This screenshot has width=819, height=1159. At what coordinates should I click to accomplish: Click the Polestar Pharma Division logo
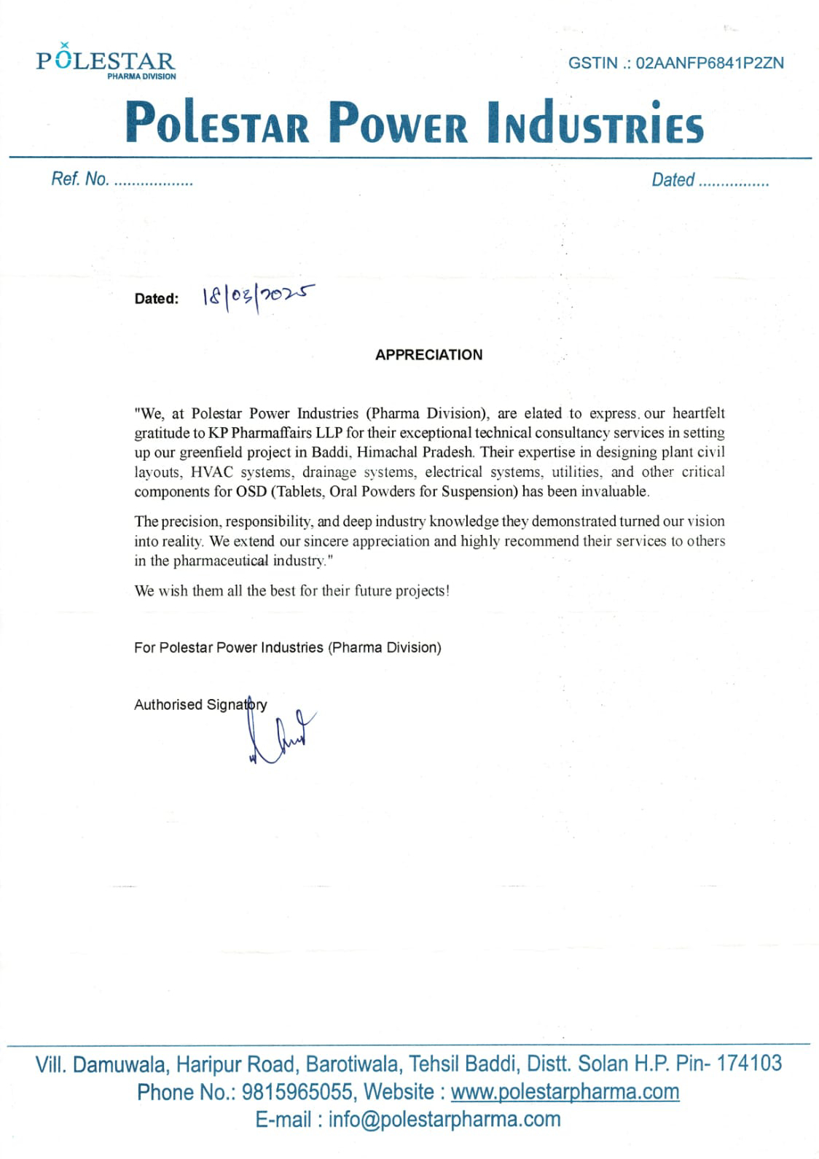coord(106,62)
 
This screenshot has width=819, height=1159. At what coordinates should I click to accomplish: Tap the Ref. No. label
coord(79,179)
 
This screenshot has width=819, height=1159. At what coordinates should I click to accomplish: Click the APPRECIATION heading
coord(428,355)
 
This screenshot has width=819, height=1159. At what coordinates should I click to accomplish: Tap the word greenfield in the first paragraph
coord(213,453)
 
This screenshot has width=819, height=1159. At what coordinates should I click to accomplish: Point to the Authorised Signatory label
coord(200,705)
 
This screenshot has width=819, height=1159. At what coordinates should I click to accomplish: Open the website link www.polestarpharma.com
coord(565,1092)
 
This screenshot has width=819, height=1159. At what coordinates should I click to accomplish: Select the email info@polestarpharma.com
coord(444,1120)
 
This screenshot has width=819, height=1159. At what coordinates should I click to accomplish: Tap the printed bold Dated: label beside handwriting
coord(156,299)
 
